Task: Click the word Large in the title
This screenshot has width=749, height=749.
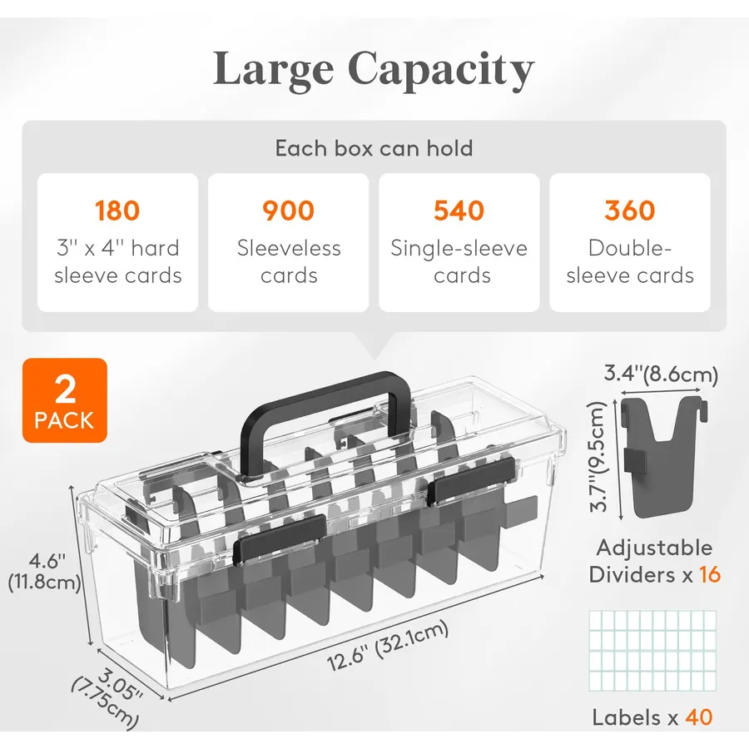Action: pyautogui.click(x=273, y=70)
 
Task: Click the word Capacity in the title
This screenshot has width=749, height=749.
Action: pyautogui.click(x=441, y=70)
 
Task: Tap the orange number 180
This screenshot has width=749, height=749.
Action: pyautogui.click(x=117, y=211)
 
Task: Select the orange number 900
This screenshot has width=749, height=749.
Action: pyautogui.click(x=289, y=211)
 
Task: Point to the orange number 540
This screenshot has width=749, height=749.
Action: pyautogui.click(x=459, y=211)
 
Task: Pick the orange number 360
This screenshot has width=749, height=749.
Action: pyautogui.click(x=630, y=211)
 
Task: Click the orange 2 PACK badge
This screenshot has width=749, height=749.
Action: pyautogui.click(x=64, y=400)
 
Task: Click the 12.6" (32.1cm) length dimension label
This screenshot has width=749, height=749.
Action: pyautogui.click(x=388, y=646)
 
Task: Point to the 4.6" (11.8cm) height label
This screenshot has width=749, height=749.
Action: pyautogui.click(x=44, y=572)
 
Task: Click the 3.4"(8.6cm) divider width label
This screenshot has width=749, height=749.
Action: pyautogui.click(x=661, y=374)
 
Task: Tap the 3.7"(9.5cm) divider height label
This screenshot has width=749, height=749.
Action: pyautogui.click(x=598, y=457)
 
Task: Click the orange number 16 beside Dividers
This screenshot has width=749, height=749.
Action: pyautogui.click(x=710, y=574)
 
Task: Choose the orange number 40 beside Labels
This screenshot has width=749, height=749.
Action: pyautogui.click(x=699, y=717)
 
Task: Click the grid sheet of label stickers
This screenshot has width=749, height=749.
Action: pyautogui.click(x=652, y=651)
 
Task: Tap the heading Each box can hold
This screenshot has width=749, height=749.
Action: pyautogui.click(x=374, y=148)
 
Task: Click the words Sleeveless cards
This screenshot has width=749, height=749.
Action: pyautogui.click(x=289, y=262)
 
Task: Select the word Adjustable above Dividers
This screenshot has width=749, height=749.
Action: pyautogui.click(x=654, y=548)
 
